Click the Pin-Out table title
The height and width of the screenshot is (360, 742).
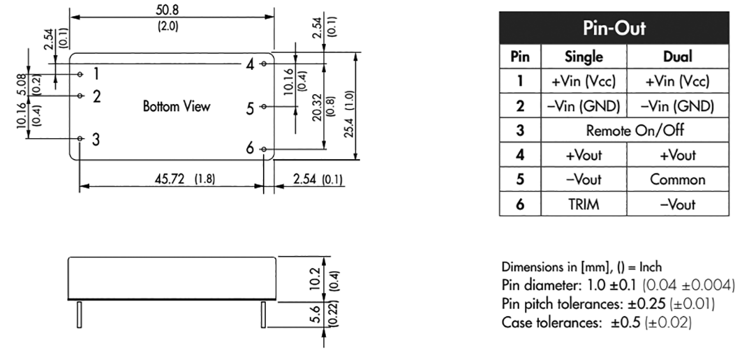614,29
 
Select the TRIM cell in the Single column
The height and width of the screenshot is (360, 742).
584,204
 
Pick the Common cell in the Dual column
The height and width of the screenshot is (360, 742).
677,180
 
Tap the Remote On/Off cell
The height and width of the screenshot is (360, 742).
635,130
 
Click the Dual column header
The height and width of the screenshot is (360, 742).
678,57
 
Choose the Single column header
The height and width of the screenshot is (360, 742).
584,57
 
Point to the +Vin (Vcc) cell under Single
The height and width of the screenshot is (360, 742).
584,81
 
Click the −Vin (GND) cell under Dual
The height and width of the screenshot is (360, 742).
677,106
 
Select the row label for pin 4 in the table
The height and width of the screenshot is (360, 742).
520,155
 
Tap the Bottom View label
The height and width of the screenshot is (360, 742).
177,106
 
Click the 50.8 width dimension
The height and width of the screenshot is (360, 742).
168,10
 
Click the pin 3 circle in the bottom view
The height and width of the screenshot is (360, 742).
80,139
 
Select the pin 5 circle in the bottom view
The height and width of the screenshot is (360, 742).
264,107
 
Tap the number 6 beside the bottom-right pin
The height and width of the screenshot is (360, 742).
250,149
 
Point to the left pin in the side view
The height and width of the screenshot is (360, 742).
80,314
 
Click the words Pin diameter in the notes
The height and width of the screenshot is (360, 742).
534,286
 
